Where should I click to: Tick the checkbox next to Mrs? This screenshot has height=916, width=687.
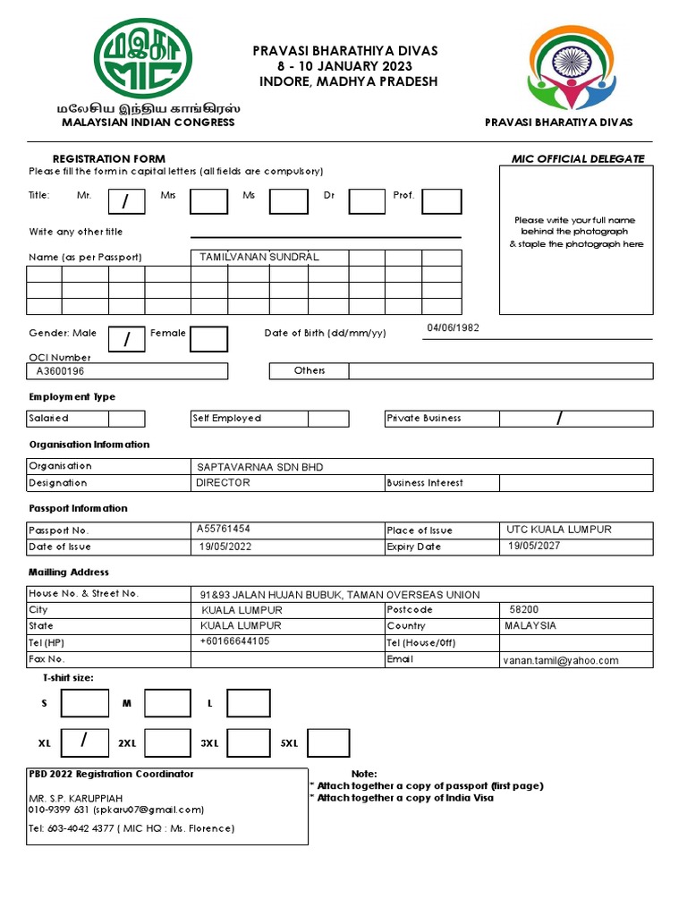coord(208,201)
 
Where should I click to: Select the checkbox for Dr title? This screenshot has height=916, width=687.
coord(367,201)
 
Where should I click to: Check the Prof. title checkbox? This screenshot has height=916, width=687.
coord(442,201)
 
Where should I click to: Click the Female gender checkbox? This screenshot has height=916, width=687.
coord(208,339)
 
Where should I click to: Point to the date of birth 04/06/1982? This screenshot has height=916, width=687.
coord(453,328)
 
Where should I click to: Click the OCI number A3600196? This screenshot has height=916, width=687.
coord(61,370)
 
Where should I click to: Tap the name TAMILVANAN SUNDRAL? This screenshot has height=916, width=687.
coord(259,258)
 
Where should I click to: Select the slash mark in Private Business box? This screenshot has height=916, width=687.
coord(560,418)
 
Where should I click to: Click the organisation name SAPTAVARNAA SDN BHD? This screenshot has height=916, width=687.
coord(260,467)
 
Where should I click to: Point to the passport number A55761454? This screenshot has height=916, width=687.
coord(224,530)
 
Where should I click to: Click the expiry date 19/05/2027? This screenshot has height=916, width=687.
coord(534,547)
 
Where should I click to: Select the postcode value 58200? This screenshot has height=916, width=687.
coord(524,609)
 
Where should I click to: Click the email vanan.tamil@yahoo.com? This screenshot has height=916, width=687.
coord(561,660)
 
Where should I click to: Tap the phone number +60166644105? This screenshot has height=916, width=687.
coord(234,642)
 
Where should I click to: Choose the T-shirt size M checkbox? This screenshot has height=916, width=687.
coord(167,703)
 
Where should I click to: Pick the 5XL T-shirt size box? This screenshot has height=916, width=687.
coord(328,742)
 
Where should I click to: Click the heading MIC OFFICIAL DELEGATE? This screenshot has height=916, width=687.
coord(577,159)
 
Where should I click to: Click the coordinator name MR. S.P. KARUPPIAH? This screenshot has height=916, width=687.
coord(76,797)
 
